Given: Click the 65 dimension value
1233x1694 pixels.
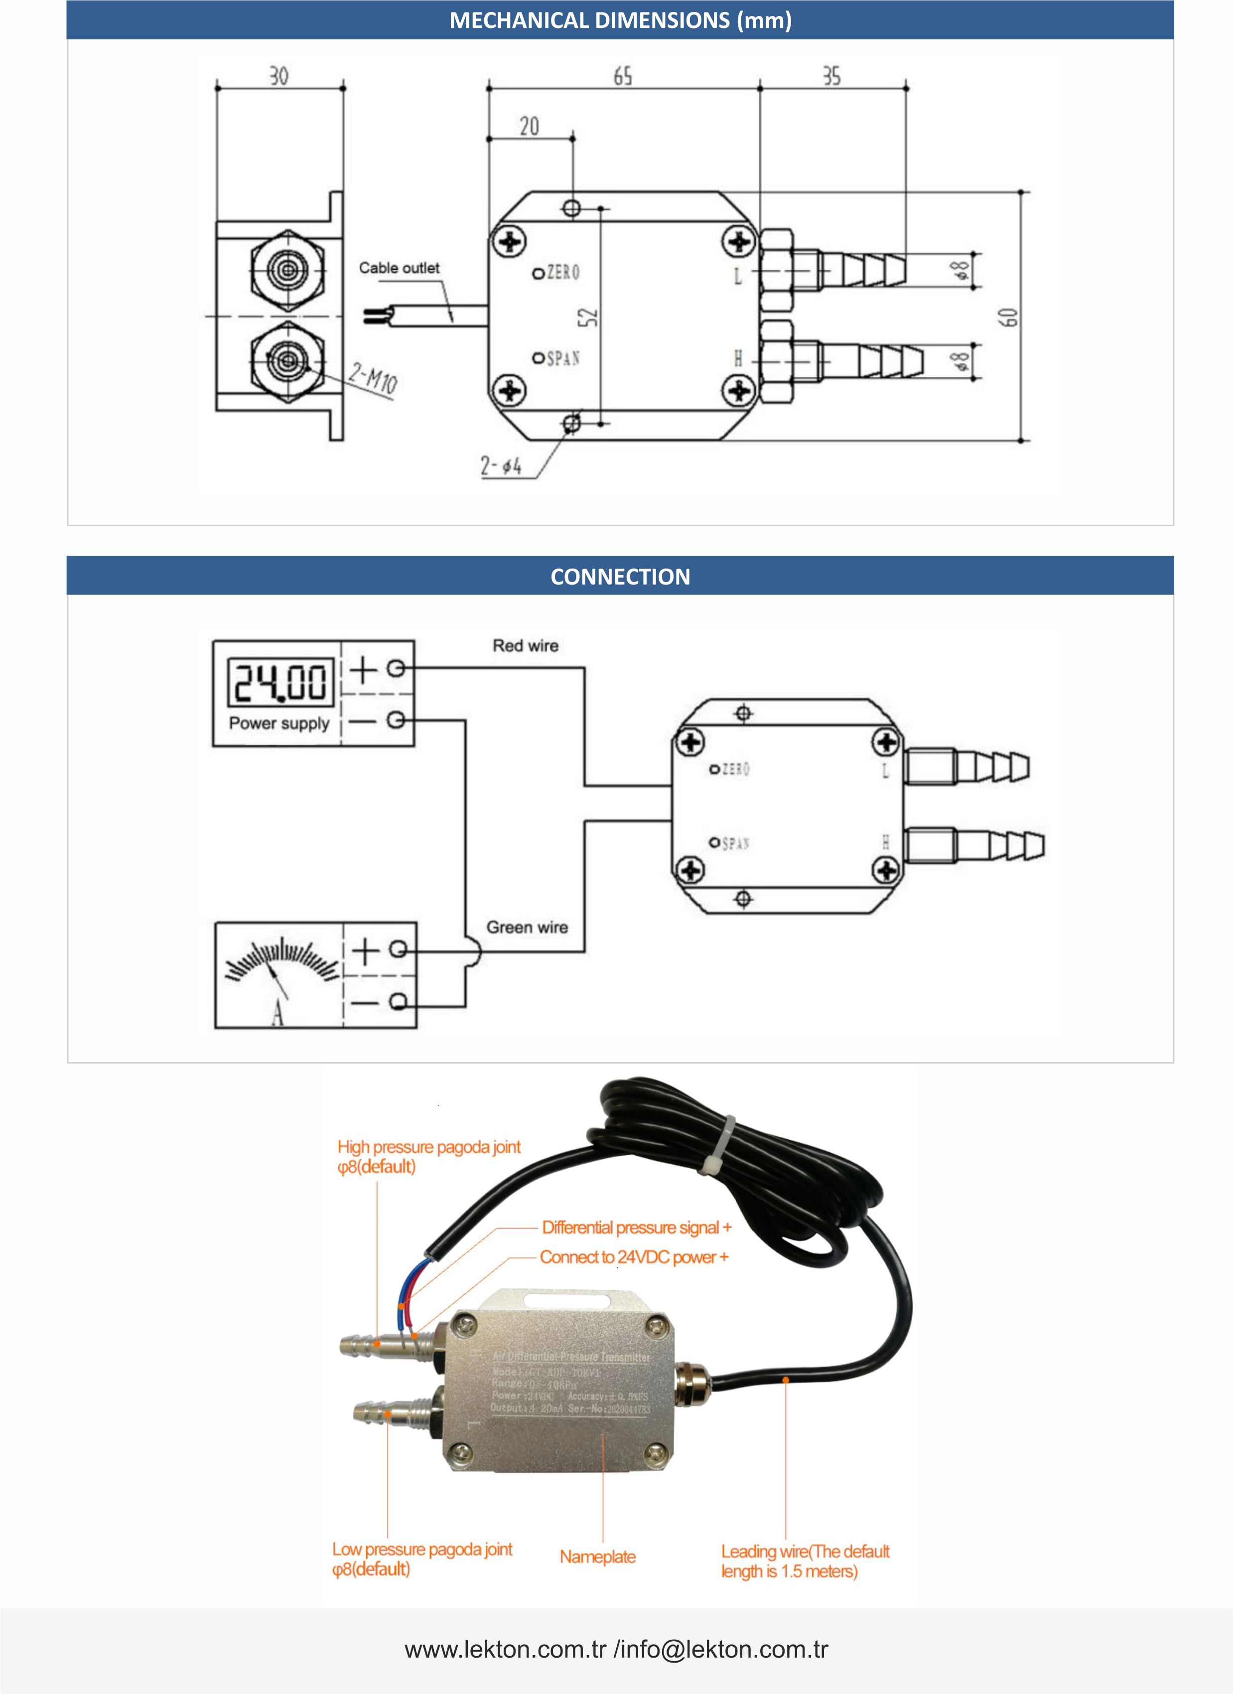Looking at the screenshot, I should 623,76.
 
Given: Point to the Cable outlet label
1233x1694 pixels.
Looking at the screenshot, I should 399,268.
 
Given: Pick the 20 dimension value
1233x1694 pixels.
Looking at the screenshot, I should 529,126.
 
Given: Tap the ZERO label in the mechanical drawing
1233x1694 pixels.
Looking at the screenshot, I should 563,273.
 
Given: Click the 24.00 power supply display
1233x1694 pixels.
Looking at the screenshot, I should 280,682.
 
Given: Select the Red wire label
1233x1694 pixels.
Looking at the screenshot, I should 525,646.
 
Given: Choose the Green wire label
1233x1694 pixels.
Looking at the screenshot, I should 527,927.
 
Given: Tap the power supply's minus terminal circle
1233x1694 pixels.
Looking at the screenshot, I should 396,720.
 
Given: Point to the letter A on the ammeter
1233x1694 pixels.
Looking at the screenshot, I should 278,1013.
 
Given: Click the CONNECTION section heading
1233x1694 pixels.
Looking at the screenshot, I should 620,577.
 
